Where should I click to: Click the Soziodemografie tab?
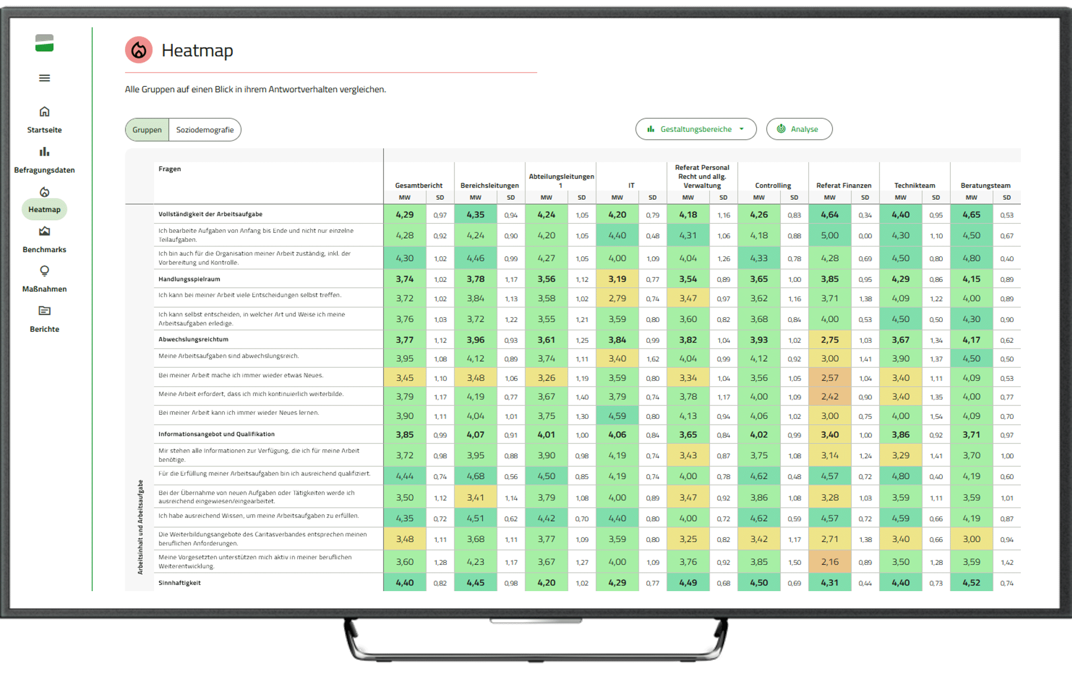tap(205, 130)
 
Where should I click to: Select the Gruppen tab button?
tap(147, 130)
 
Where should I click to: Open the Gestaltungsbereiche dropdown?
tap(695, 129)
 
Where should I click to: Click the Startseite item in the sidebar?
tap(44, 119)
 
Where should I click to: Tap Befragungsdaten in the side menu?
tap(44, 159)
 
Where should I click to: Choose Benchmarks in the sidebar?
tap(44, 239)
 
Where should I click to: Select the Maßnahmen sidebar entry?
tap(44, 279)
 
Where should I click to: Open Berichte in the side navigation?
tap(44, 319)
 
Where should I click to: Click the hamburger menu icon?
tap(44, 78)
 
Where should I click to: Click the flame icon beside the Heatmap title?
tap(139, 50)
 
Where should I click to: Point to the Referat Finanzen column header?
tap(843, 185)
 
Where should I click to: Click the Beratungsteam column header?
tap(985, 185)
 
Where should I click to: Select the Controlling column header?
tap(772, 185)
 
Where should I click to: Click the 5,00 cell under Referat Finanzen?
tap(830, 235)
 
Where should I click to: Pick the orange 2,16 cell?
tap(830, 562)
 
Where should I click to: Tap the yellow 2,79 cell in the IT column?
tap(617, 298)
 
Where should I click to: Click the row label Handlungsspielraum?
tap(189, 279)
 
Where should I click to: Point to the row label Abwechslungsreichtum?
tap(193, 339)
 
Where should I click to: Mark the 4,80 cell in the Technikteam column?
tap(900, 476)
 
